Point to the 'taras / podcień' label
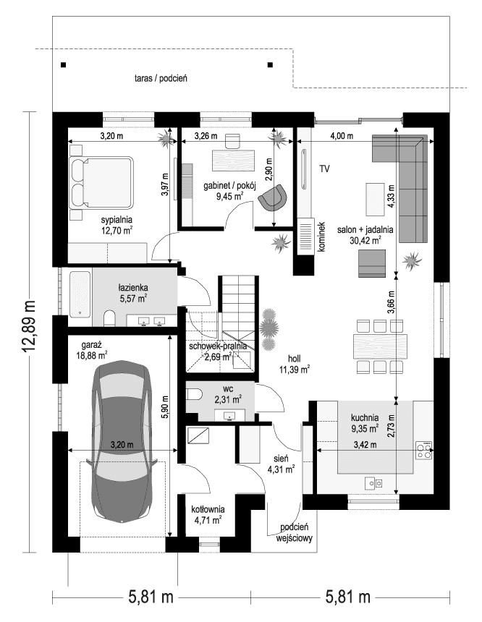click(161, 77)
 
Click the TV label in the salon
click(325, 169)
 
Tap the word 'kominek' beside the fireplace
click(321, 237)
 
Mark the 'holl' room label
click(293, 357)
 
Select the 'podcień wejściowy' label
click(293, 532)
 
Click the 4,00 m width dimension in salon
click(342, 135)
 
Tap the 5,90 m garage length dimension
click(166, 407)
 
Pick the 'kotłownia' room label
click(208, 508)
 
